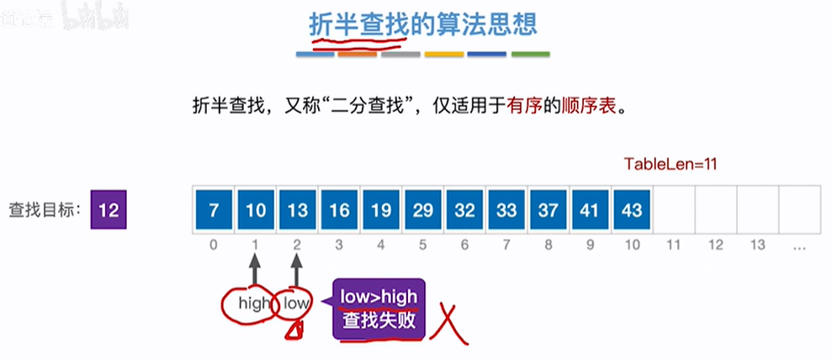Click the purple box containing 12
[108, 209]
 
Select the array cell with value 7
[214, 209]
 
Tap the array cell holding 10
[256, 209]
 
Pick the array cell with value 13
[298, 209]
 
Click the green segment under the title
[530, 56]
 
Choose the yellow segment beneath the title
[443, 56]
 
